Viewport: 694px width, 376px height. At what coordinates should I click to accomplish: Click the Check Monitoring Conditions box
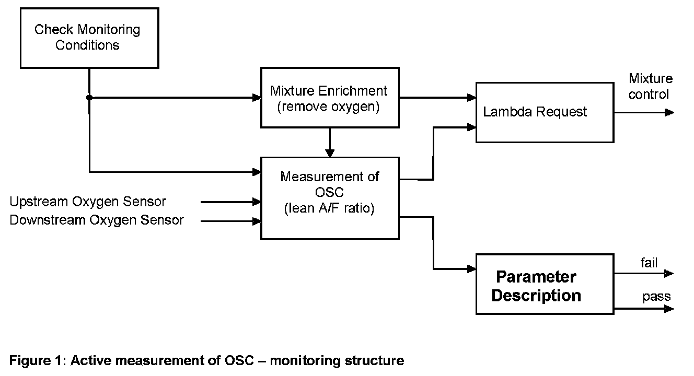89,38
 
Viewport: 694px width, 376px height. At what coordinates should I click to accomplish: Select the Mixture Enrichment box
330,98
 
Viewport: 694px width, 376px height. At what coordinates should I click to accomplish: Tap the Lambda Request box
545,112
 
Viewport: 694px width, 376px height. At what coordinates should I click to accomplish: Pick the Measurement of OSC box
330,198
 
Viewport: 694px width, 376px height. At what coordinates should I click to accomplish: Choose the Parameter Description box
545,284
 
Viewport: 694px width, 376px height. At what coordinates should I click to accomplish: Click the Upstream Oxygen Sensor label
88,202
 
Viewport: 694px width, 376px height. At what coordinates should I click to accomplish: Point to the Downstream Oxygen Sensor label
96,220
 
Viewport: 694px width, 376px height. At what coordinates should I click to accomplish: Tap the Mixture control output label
650,86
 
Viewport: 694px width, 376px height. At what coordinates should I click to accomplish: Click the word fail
649,263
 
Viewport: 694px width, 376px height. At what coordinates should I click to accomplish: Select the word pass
656,297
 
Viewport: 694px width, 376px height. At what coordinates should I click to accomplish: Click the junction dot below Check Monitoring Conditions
89,98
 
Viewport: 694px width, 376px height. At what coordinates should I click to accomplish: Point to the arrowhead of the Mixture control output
670,112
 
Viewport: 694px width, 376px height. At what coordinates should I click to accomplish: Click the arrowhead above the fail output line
669,274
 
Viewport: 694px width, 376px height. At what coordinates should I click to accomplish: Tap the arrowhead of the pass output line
669,309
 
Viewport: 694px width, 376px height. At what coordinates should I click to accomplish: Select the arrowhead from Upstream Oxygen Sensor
257,202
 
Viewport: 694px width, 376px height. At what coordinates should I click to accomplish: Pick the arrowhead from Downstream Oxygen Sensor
257,221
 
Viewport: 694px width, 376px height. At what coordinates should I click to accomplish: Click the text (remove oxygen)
328,107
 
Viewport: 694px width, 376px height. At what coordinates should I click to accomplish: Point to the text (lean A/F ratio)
329,208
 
